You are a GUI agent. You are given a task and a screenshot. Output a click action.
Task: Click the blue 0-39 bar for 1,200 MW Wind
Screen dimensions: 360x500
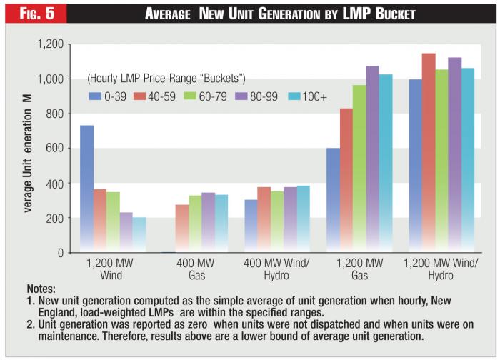point(86,189)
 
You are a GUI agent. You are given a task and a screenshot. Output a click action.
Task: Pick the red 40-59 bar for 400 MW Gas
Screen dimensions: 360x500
point(182,229)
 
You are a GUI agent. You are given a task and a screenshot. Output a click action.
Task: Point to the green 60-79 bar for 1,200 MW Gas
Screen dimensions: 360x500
point(359,169)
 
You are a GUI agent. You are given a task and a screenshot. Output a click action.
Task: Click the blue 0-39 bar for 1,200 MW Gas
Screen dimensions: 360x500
point(333,200)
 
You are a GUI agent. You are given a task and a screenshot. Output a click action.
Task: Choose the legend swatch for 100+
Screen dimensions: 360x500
point(292,96)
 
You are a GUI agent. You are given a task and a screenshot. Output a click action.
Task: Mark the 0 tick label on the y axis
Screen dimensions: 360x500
point(61,253)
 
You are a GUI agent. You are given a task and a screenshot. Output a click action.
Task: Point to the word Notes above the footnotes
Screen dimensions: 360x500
point(41,289)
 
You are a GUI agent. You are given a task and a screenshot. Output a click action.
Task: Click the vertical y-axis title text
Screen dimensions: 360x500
point(26,150)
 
